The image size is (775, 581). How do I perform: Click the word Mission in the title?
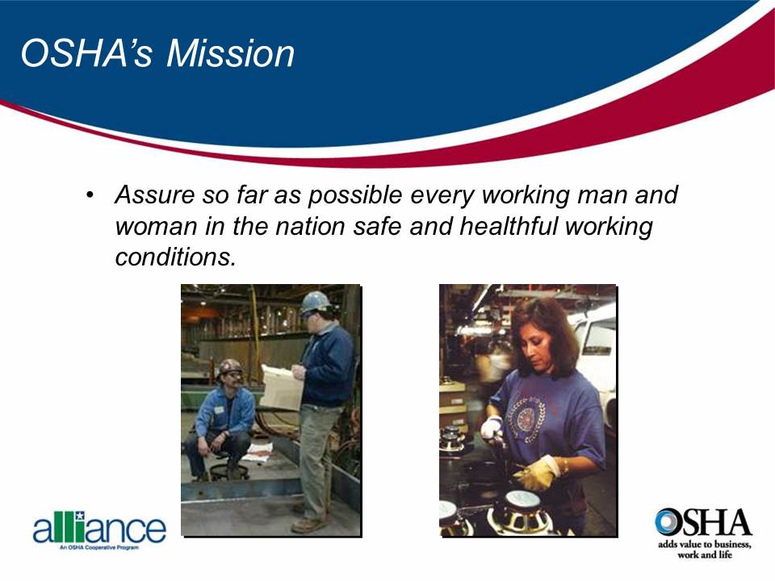click(230, 53)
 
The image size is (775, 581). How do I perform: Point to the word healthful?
click(510, 227)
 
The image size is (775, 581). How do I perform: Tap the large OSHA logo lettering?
click(702, 524)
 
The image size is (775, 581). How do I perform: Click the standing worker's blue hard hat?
click(315, 302)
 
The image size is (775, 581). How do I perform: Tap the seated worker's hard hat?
click(230, 367)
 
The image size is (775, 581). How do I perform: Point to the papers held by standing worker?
click(280, 387)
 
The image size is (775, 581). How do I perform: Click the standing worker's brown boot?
click(308, 525)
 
